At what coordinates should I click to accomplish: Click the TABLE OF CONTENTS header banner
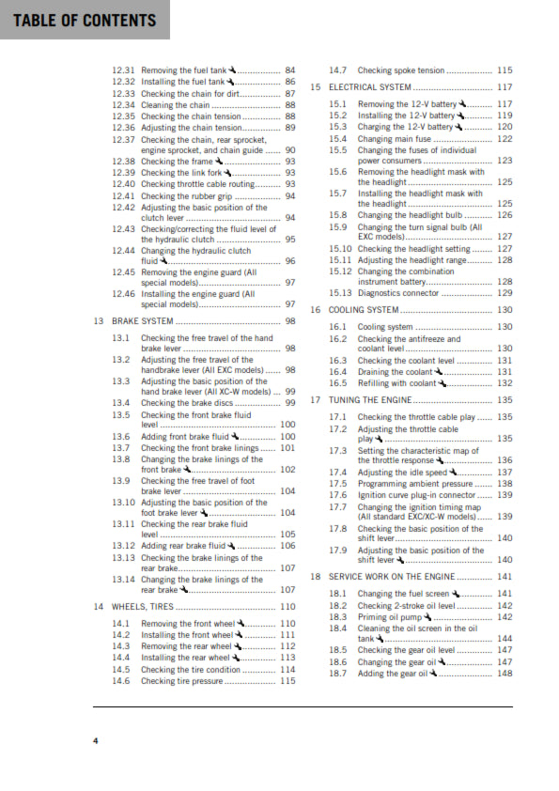point(85,20)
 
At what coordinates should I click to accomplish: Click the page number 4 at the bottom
point(96,741)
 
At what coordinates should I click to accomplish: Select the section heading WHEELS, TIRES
point(142,608)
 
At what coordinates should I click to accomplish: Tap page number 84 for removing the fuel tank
point(289,70)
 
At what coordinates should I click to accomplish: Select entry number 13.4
point(120,403)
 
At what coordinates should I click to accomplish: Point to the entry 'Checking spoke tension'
point(401,70)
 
